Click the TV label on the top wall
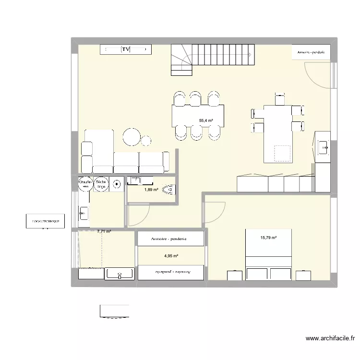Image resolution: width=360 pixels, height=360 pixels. pos(126,49)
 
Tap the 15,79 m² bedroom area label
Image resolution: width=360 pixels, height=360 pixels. pos(268,237)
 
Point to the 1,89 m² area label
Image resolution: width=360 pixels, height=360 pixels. pos(151,190)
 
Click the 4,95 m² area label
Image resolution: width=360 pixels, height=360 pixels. pos(171,256)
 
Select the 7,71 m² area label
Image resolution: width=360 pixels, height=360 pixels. pos(104,231)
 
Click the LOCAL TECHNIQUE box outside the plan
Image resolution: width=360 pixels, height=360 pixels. pos(45,221)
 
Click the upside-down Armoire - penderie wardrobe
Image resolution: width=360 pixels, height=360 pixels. pos(171,272)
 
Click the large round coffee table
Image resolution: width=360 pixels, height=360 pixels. pos(132,136)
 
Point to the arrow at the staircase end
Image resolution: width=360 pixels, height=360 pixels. pos(251,55)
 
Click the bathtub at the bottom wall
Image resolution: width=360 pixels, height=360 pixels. pos(120,274)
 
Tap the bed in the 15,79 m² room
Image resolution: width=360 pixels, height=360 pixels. pos(269,254)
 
